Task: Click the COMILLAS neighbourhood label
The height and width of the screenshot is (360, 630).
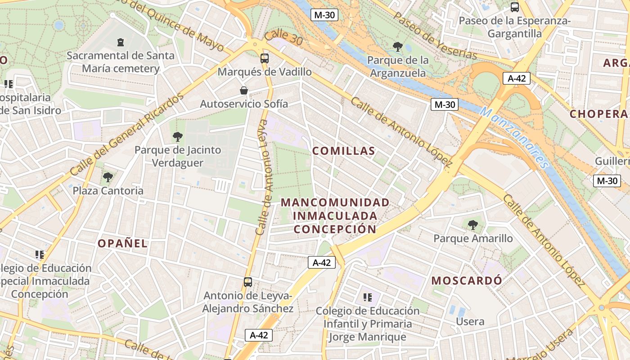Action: click(x=344, y=151)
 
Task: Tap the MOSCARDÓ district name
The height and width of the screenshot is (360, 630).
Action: click(x=467, y=281)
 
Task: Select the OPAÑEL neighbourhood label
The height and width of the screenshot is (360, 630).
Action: click(x=122, y=243)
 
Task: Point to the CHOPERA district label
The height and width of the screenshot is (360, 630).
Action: click(x=598, y=114)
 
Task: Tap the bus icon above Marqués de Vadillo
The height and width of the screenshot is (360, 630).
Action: click(x=265, y=58)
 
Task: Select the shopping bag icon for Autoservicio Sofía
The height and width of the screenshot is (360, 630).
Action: click(x=244, y=90)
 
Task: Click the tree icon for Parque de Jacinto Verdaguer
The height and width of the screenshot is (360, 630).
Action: click(x=178, y=136)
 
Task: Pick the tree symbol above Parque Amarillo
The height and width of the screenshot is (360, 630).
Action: click(x=472, y=225)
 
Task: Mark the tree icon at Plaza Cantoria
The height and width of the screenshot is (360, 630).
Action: click(x=108, y=177)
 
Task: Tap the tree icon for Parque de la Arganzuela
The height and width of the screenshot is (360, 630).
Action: click(x=397, y=46)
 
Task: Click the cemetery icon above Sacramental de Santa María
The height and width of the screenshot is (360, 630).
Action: click(x=120, y=42)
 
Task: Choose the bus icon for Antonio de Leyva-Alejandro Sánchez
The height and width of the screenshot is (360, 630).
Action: click(x=248, y=282)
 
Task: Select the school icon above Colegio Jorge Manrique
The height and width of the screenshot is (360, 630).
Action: click(x=368, y=297)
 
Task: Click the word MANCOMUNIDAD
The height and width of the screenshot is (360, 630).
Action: click(x=335, y=202)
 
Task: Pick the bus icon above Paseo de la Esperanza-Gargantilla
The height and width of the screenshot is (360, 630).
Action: click(x=515, y=7)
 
